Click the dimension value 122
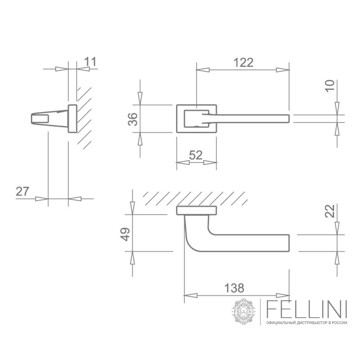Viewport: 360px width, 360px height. [x=243, y=63]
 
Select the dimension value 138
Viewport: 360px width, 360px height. [x=234, y=288]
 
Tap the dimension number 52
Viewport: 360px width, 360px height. [x=196, y=155]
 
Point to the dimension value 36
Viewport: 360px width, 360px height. [x=133, y=119]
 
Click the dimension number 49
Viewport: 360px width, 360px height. [x=125, y=234]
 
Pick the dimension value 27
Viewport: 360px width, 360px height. [x=22, y=192]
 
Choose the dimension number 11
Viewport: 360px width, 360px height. [x=90, y=62]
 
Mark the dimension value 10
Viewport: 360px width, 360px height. [x=330, y=86]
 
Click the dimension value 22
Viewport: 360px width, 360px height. [x=330, y=211]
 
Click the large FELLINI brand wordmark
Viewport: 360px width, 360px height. [x=306, y=309]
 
